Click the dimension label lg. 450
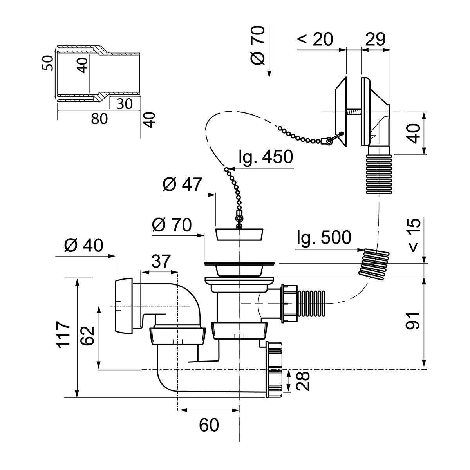pyautogui.click(x=265, y=157)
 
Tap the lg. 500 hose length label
pyautogui.click(x=324, y=237)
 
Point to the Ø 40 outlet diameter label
pyautogui.click(x=83, y=246)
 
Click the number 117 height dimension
pyautogui.click(x=63, y=334)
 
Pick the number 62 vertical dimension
pyautogui.click(x=87, y=335)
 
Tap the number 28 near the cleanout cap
pyautogui.click(x=303, y=381)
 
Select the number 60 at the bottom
pyautogui.click(x=209, y=425)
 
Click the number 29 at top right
pyautogui.click(x=375, y=39)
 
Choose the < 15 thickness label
pyautogui.click(x=414, y=235)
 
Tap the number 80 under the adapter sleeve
pyautogui.click(x=99, y=118)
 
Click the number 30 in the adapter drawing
pyautogui.click(x=124, y=103)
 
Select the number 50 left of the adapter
pyautogui.click(x=47, y=63)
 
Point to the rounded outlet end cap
pyautogui.click(x=124, y=305)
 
